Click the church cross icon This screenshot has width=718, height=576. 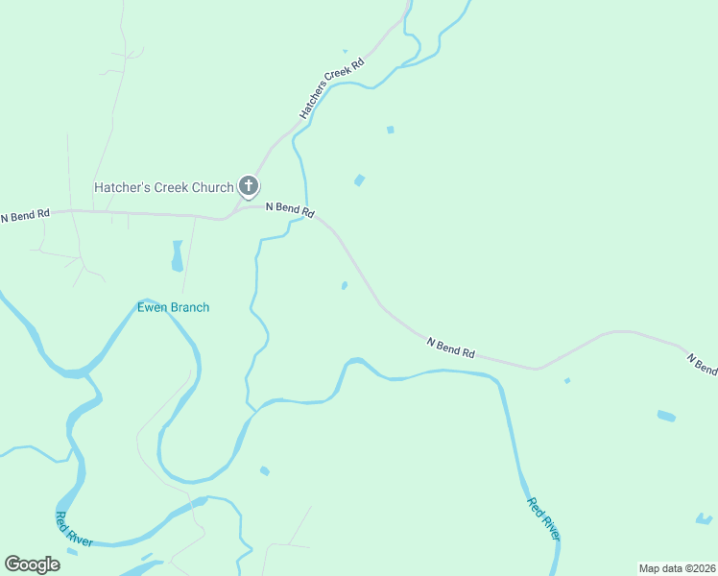point(249,186)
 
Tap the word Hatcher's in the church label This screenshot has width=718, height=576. point(121,187)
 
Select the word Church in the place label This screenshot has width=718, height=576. point(212,187)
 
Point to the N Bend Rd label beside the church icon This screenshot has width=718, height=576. point(289,208)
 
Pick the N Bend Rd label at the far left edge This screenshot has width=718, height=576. point(25,216)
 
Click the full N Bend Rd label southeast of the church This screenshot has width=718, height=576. point(450,348)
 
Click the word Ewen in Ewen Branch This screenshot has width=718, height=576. point(152,307)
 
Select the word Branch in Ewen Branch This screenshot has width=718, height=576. point(189,307)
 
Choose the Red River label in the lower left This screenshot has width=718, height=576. point(74,530)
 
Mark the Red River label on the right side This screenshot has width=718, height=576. point(543,519)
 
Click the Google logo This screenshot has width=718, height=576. point(33,564)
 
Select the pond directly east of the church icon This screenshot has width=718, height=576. point(359,180)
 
